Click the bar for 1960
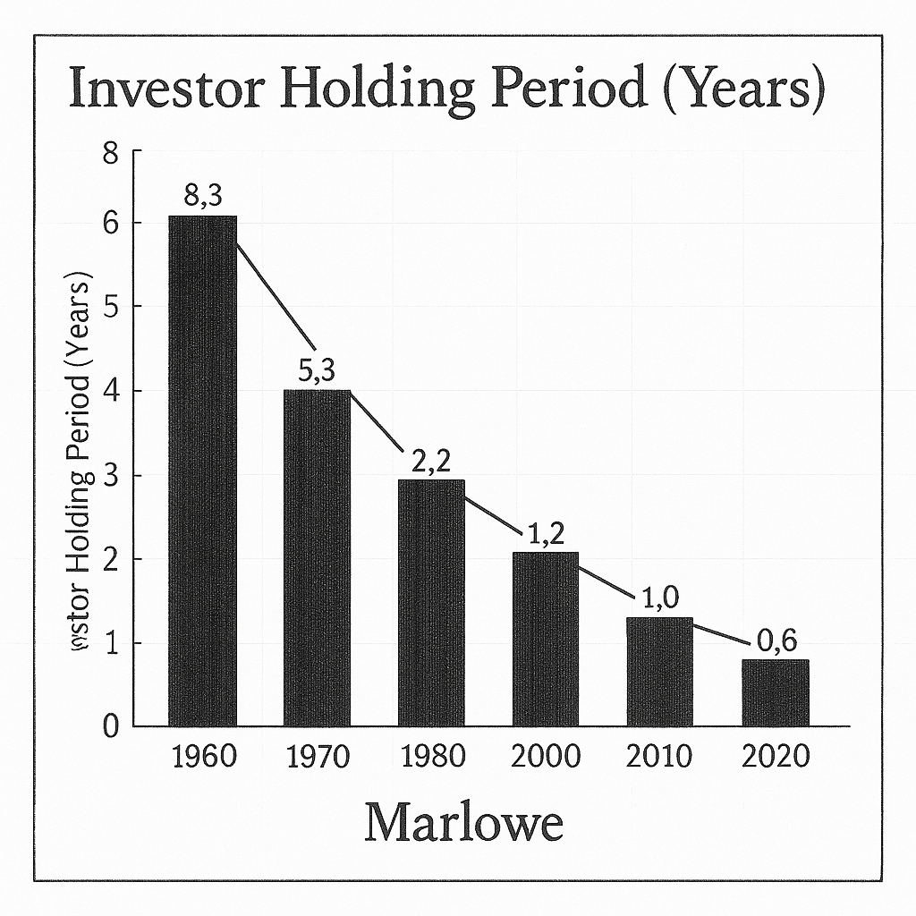tap(203, 471)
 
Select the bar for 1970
tap(317, 557)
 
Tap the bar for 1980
tap(431, 602)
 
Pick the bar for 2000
tap(546, 639)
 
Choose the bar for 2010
tap(660, 671)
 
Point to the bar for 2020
tap(775, 692)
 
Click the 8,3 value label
tap(202, 197)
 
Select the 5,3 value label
tap(317, 370)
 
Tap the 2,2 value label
tap(431, 461)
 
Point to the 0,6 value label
tap(776, 640)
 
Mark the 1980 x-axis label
tap(432, 757)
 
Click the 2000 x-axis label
tap(546, 757)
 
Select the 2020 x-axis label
tap(776, 757)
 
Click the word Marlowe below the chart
tap(463, 823)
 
